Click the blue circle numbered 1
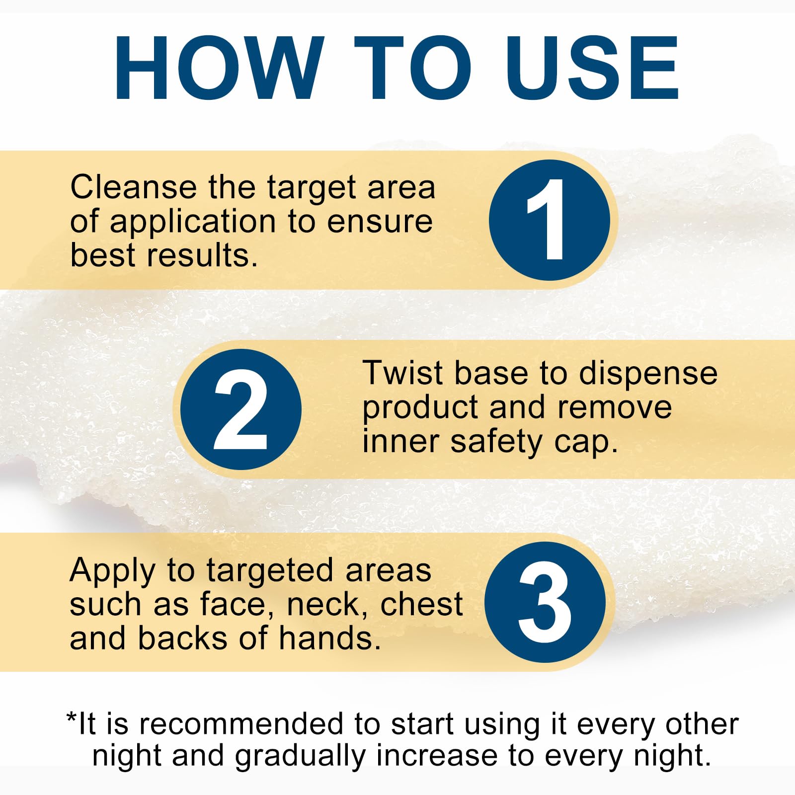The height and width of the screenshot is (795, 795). pos(550,220)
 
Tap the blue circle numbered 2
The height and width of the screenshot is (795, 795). pos(241,409)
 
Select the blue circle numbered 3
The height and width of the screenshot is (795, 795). pos(545,602)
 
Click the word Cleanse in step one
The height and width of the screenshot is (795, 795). pos(134,187)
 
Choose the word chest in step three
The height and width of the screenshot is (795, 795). pos(421,605)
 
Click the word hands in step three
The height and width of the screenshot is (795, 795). pos(330,638)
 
